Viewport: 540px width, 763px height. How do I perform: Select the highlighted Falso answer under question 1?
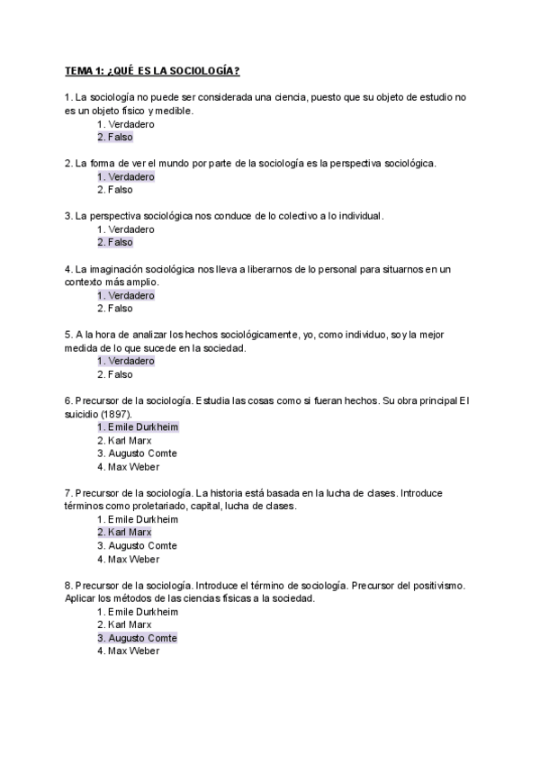(x=114, y=137)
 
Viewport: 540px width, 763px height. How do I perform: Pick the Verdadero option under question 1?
(x=125, y=124)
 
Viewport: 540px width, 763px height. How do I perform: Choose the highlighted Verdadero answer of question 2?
(x=125, y=176)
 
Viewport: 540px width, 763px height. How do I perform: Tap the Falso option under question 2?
(x=114, y=190)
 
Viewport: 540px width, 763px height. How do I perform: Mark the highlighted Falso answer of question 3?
(x=114, y=242)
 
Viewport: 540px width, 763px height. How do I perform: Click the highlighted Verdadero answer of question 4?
(x=125, y=295)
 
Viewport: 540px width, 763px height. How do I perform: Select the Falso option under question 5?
(x=114, y=374)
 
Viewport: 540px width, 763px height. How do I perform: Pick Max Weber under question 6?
(x=128, y=467)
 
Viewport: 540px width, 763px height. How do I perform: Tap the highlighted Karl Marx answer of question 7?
(x=124, y=533)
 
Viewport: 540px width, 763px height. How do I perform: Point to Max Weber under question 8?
(x=128, y=651)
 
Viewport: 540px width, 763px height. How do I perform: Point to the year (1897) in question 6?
(x=116, y=413)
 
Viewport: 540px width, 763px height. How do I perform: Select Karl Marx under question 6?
(x=124, y=441)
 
